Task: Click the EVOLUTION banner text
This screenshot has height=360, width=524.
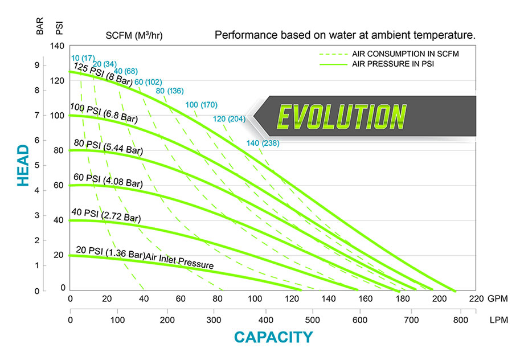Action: point(341,116)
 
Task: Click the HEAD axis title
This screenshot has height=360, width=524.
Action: point(23,165)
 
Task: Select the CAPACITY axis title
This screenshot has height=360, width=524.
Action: point(273,337)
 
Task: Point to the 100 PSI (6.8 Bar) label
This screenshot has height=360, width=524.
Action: point(104,112)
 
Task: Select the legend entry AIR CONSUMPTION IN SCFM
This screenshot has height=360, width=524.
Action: point(406,54)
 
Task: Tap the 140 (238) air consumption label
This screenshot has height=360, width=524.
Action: point(263,143)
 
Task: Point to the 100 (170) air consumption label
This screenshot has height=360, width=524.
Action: point(201,105)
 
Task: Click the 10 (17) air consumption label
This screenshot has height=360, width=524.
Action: point(83,58)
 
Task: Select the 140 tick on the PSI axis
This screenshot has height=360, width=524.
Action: point(58,46)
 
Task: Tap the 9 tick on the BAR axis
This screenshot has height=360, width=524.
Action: point(37,66)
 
